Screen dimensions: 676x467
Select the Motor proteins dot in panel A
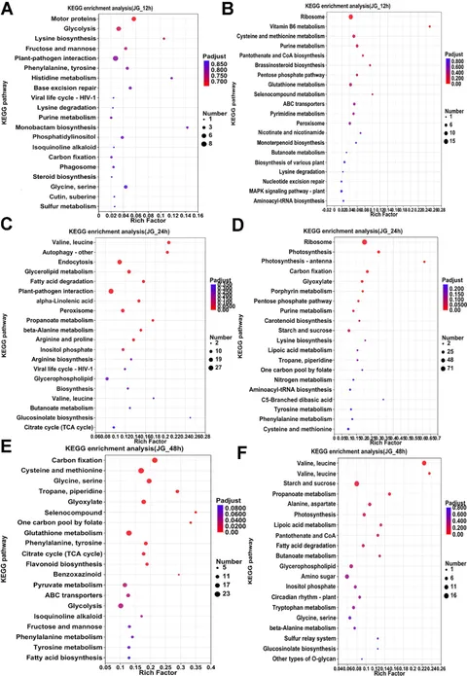click(x=133, y=18)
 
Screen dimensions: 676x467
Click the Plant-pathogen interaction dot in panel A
click(x=115, y=58)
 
